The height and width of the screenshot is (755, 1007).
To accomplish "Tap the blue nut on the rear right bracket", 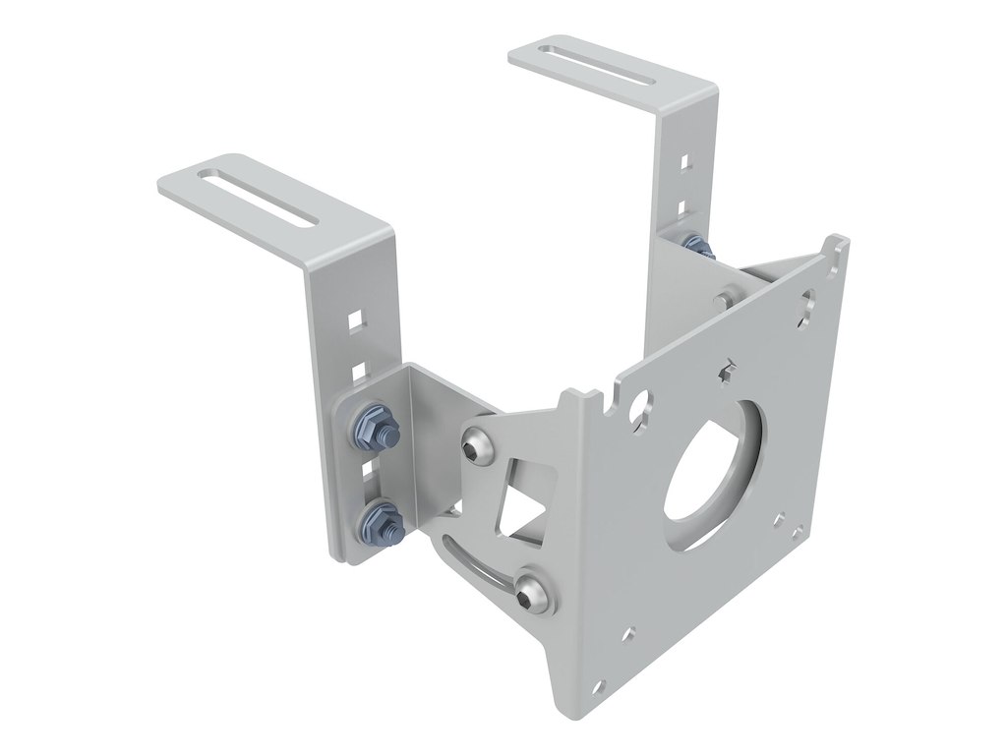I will (696, 245).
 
